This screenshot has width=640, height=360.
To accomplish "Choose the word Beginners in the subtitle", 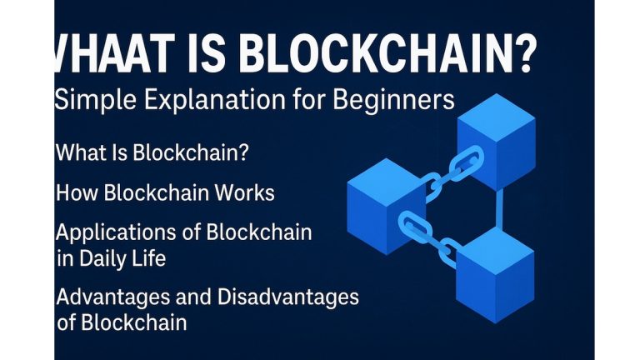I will [x=392, y=101].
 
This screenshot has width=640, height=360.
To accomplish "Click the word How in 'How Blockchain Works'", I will [x=76, y=193].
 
